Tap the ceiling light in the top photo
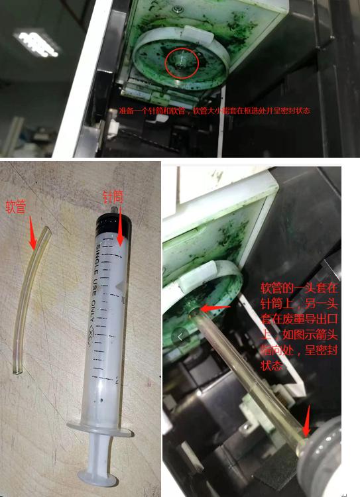(35, 42)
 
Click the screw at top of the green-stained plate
(180, 9)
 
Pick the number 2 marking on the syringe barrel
(117, 380)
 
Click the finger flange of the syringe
(98, 430)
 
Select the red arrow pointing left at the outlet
(215, 307)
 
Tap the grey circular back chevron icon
(178, 337)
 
